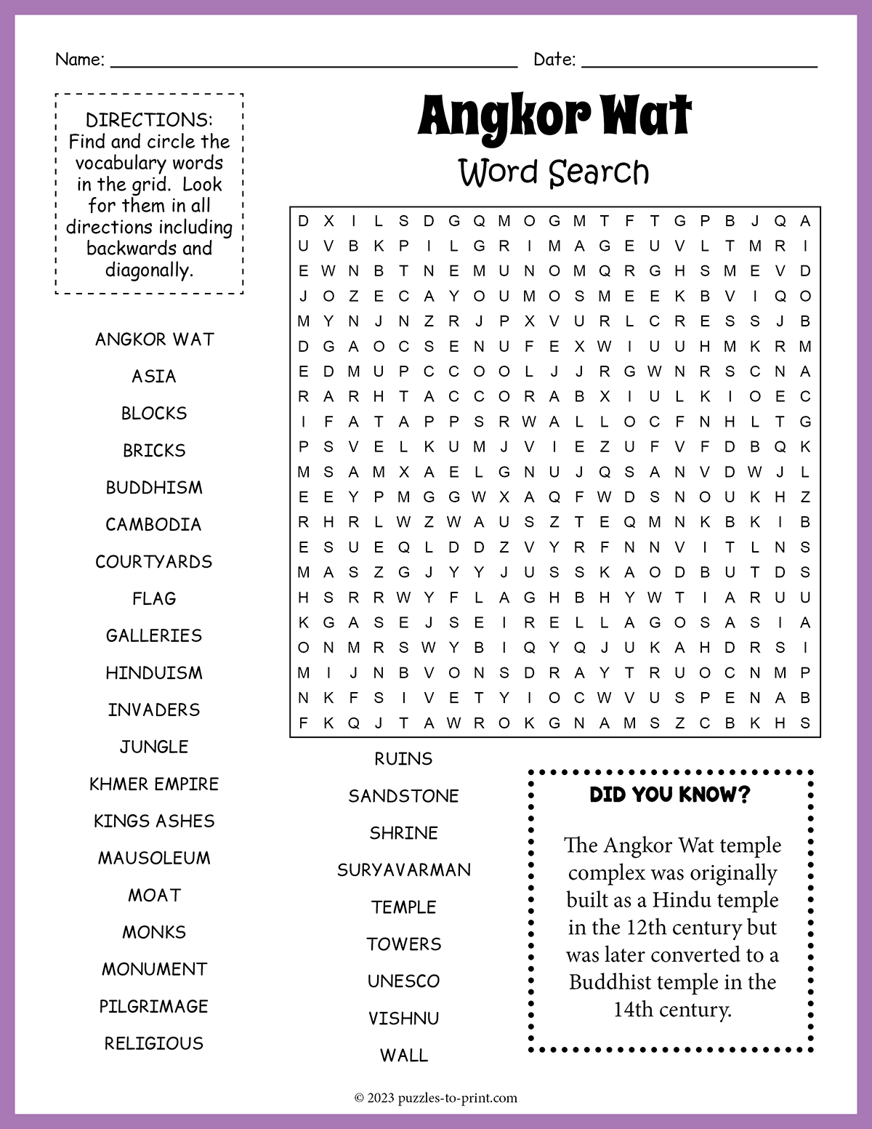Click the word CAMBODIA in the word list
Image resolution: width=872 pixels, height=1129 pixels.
(x=153, y=525)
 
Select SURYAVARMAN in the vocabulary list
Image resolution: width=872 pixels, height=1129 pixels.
(x=404, y=870)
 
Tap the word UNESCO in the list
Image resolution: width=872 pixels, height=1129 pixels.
(x=404, y=981)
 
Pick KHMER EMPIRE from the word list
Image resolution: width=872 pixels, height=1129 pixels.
(x=154, y=784)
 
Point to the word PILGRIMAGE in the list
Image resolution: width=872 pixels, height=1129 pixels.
(x=154, y=1007)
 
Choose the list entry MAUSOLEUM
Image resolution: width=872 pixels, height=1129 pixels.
(x=154, y=859)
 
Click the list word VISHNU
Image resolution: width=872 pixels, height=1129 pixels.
(x=404, y=1018)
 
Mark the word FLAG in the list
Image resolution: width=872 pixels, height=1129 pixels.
(x=154, y=599)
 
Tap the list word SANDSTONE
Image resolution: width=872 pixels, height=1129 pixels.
(x=404, y=796)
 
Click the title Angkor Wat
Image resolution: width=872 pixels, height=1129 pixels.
(x=554, y=116)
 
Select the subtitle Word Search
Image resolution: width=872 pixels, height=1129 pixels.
(x=554, y=173)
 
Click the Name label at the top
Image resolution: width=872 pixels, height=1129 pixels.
(x=80, y=60)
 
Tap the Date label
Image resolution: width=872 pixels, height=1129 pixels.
(x=554, y=60)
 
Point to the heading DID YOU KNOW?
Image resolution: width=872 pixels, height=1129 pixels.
(x=669, y=795)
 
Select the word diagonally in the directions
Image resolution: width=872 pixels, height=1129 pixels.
(x=149, y=270)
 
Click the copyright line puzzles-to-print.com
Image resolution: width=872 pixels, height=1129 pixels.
(x=436, y=1098)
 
